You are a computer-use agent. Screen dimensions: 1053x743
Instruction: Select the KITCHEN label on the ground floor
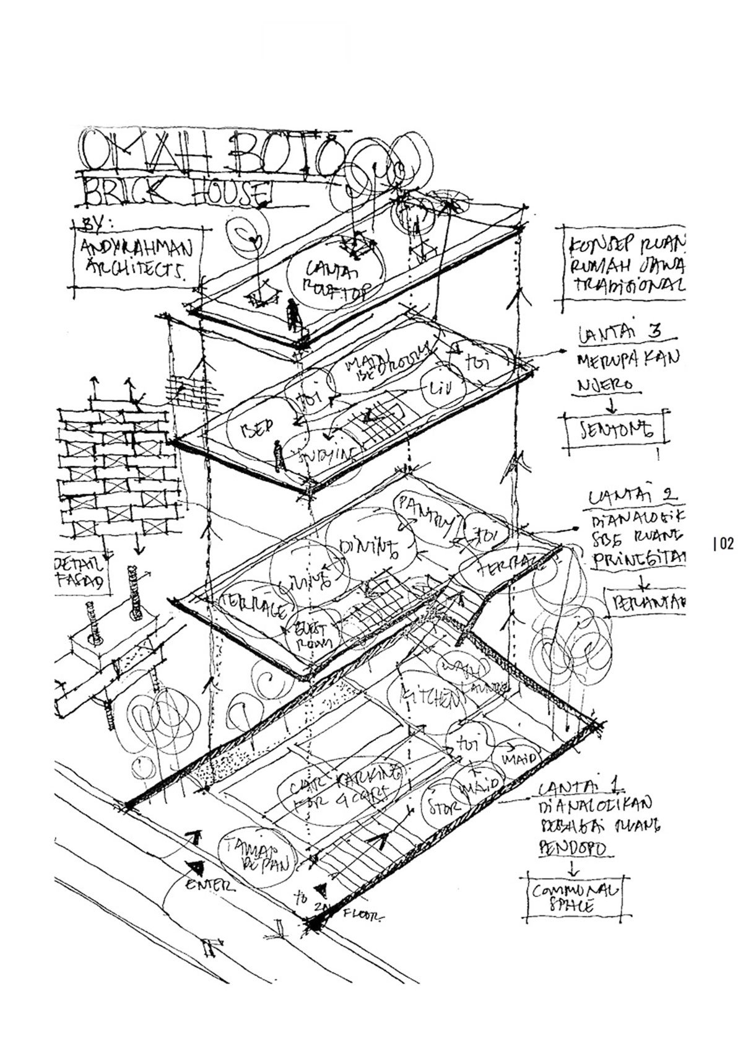pyautogui.click(x=432, y=697)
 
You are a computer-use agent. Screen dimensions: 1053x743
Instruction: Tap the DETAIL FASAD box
pyautogui.click(x=80, y=574)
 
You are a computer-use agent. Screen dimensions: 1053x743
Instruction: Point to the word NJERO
pyautogui.click(x=597, y=385)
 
